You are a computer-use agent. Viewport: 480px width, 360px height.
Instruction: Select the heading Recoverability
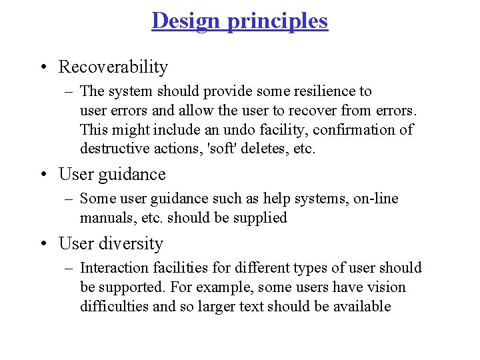click(113, 67)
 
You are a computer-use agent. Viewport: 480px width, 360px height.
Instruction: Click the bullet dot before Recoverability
click(43, 67)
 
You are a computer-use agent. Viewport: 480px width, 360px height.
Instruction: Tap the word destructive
click(111, 149)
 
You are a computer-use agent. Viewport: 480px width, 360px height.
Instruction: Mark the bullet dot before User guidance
click(43, 175)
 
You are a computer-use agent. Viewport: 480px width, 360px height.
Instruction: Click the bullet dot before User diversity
click(43, 245)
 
